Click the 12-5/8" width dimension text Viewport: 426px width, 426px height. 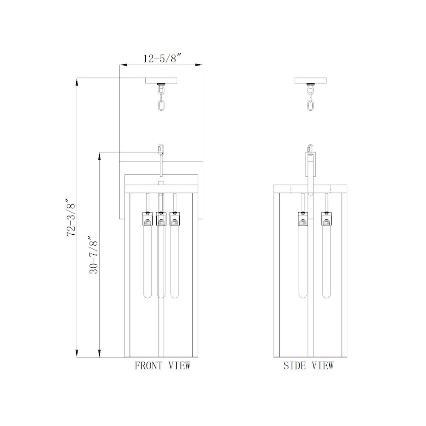pyautogui.click(x=162, y=58)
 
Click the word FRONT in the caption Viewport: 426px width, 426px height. pyautogui.click(x=148, y=366)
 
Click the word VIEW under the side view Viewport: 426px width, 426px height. pyautogui.click(x=322, y=366)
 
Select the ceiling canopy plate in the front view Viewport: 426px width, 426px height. pyautogui.click(x=161, y=81)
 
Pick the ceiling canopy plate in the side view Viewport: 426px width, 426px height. pyautogui.click(x=310, y=81)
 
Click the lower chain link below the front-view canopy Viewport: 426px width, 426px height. pyautogui.click(x=161, y=105)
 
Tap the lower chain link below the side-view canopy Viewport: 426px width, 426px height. pyautogui.click(x=310, y=105)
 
